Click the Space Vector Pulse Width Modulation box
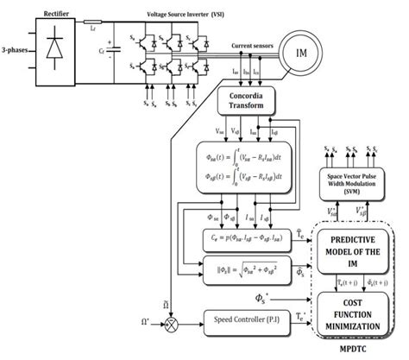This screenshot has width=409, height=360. [x=361, y=182]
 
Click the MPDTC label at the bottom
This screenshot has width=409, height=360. [x=361, y=352]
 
